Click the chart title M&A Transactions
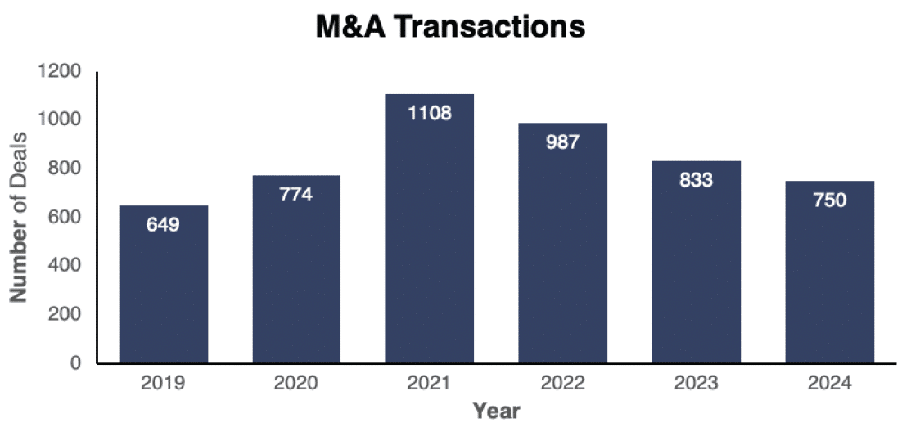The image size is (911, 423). click(451, 27)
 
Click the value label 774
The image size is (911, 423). click(296, 196)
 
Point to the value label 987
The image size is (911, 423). click(562, 142)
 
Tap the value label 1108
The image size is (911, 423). click(430, 113)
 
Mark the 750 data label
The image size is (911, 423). click(829, 200)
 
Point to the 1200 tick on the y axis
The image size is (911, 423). click(60, 71)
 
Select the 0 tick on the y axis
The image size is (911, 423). click(75, 362)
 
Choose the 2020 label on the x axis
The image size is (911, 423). click(296, 383)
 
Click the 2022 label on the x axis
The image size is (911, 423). click(562, 383)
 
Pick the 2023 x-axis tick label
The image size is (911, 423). click(696, 383)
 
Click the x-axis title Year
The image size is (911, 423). click(496, 409)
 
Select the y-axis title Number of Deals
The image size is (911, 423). click(19, 217)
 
